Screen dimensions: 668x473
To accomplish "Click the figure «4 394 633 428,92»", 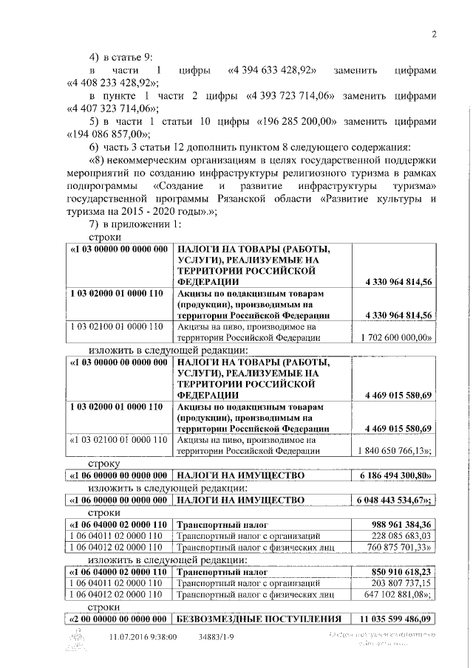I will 273,70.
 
